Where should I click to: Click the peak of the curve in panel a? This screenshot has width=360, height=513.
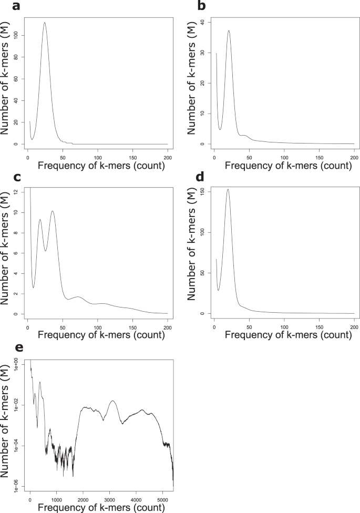pos(45,23)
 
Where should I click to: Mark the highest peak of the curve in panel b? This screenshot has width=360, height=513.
pos(229,30)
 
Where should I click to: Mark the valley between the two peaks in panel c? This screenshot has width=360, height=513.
pos(46,251)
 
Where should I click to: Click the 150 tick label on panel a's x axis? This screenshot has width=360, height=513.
pos(132,157)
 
